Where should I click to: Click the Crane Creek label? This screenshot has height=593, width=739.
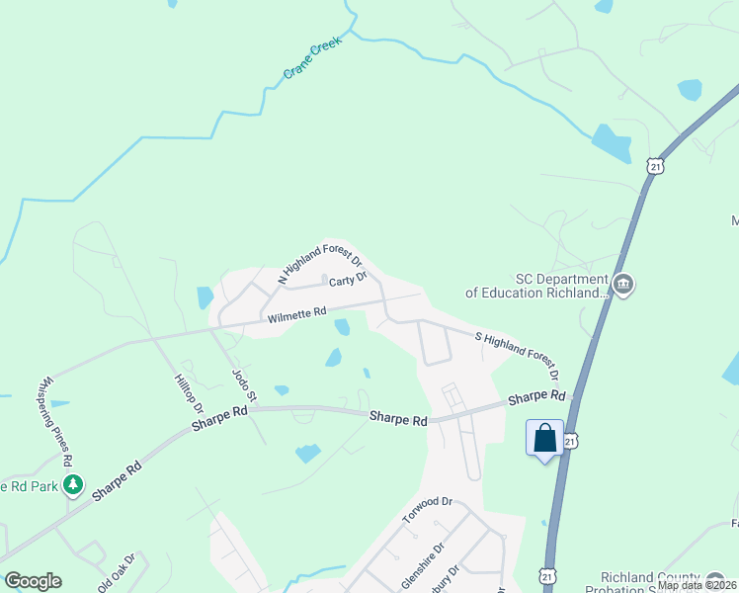312,60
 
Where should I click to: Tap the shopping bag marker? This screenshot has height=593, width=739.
544,438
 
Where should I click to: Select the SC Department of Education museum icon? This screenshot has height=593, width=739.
623,285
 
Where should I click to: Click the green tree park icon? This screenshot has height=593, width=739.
71,484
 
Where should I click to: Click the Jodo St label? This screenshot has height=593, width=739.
243,386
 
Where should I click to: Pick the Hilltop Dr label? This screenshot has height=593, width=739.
188,393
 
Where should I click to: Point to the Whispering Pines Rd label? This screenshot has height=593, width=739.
55,420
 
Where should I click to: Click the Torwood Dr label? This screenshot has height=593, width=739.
427,511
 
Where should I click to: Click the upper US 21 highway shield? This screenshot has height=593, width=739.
655,167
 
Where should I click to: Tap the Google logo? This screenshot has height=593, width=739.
33,581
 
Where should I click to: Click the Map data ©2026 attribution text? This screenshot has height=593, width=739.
697,585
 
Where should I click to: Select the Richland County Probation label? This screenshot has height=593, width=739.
664,578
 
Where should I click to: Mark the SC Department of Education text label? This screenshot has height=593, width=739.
534,286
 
